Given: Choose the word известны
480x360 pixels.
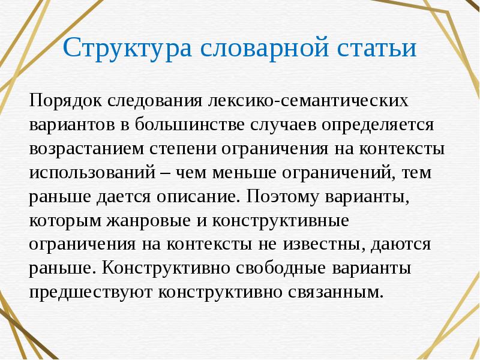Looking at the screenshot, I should point(324,244).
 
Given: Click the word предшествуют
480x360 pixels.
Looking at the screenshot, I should point(89,293).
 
